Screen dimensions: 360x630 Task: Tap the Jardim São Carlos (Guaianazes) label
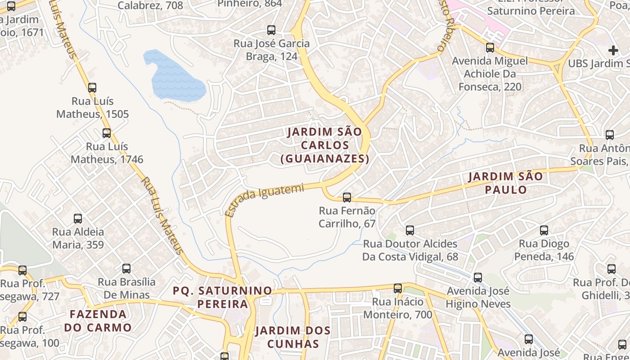tap(324, 145)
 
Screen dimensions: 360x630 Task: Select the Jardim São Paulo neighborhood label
tap(506, 183)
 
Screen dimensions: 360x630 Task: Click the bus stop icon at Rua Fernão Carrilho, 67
tap(347, 197)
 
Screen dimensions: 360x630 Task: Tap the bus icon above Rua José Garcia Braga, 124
tap(271, 30)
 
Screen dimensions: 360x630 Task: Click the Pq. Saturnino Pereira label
tap(223, 297)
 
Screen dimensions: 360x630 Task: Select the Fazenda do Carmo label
tap(98, 320)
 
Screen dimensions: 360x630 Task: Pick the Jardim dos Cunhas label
tap(293, 337)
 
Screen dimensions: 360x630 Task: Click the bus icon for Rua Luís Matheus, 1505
tap(92, 87)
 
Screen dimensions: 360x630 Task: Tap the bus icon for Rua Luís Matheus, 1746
tap(107, 133)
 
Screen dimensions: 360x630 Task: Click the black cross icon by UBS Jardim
tap(613, 50)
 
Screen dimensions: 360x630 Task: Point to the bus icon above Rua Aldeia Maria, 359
tap(78, 219)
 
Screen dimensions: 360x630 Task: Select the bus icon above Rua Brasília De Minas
tap(126, 269)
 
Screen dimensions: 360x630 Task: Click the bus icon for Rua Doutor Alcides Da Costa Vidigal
tap(410, 230)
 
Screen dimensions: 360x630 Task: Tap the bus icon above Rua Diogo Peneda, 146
tap(544, 230)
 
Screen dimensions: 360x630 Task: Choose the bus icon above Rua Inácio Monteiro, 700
tap(398, 288)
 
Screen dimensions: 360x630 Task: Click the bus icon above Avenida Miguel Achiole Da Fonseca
tap(490, 47)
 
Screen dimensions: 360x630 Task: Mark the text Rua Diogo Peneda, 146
tap(544, 250)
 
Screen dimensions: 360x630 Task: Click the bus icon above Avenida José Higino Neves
tap(478, 278)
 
